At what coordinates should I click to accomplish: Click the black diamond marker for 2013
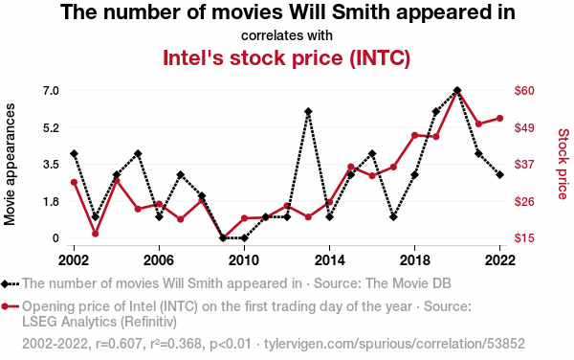click(x=308, y=111)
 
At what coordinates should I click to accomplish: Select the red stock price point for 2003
click(x=95, y=234)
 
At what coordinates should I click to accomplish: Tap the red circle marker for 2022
click(x=499, y=119)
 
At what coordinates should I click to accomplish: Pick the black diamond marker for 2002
click(x=74, y=153)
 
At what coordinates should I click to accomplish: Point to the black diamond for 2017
click(x=393, y=217)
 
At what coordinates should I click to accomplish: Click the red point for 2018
click(x=415, y=136)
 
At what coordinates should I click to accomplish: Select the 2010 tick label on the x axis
click(x=244, y=260)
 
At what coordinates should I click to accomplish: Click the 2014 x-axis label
click(x=329, y=260)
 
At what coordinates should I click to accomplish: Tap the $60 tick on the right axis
click(x=524, y=90)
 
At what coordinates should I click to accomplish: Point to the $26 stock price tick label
click(x=524, y=201)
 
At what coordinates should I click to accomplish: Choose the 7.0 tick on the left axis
click(x=51, y=90)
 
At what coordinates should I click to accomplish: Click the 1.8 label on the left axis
click(x=51, y=201)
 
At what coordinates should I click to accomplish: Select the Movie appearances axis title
click(x=10, y=164)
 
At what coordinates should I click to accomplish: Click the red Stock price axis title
click(x=563, y=164)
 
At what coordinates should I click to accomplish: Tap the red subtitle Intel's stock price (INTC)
click(x=287, y=57)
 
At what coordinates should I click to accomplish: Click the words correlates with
click(x=287, y=35)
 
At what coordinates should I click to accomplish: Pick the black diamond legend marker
click(x=5, y=283)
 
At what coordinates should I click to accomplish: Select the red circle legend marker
click(x=5, y=306)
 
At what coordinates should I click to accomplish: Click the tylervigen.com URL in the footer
click(x=394, y=344)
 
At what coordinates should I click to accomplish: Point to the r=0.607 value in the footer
click(x=119, y=344)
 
